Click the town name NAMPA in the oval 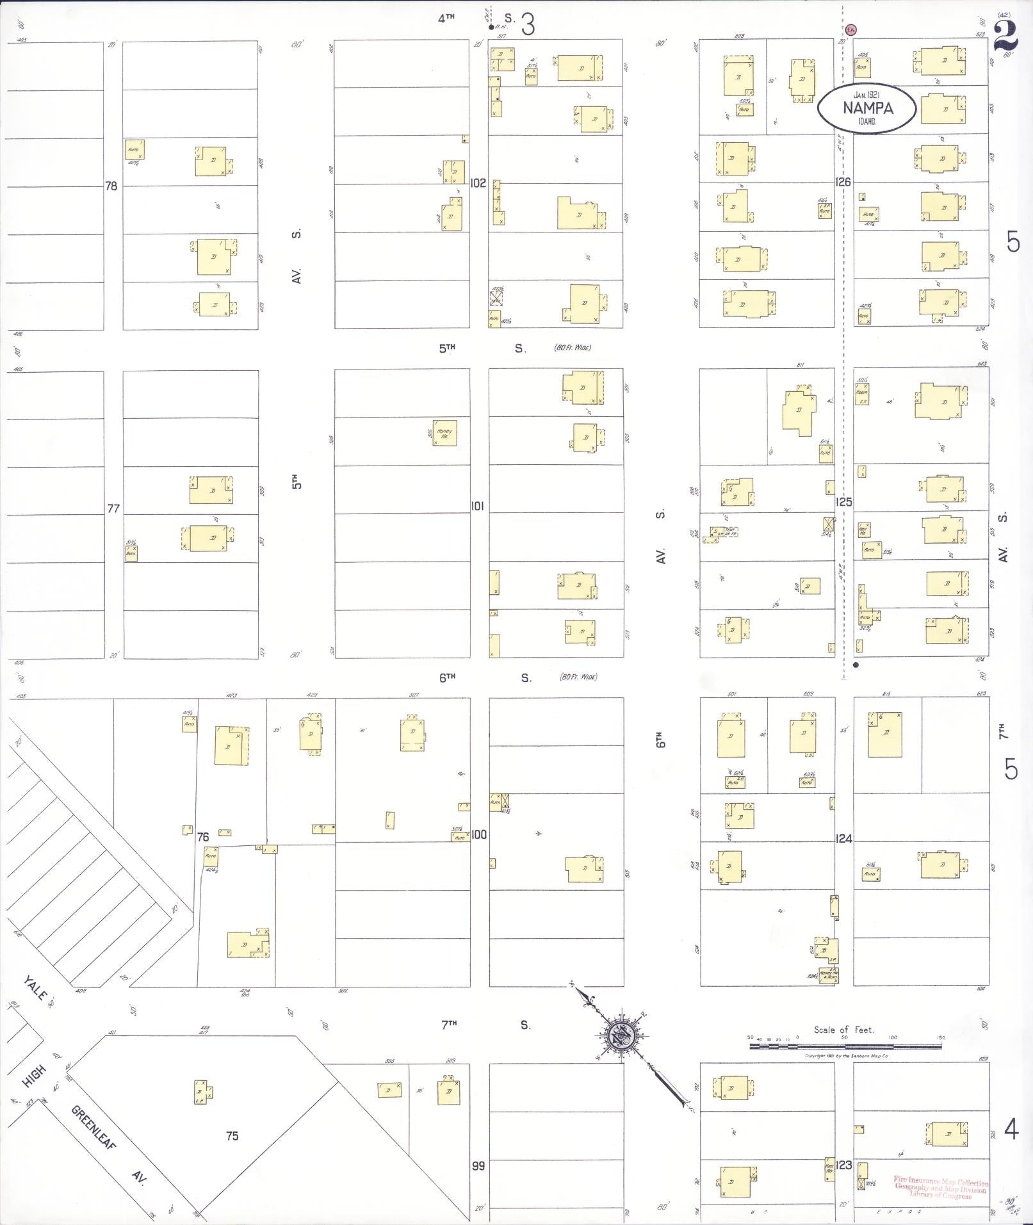click(868, 108)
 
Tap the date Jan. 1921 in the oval click(867, 95)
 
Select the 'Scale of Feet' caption click(843, 1030)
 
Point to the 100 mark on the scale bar click(893, 1037)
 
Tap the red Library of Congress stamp click(940, 1188)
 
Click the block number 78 click(111, 186)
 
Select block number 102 click(478, 183)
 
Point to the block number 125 click(844, 502)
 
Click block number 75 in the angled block click(232, 1135)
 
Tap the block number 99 click(478, 1165)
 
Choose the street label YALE click(35, 988)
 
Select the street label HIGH click(33, 1075)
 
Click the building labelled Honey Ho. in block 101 click(444, 433)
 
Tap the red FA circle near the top click(850, 29)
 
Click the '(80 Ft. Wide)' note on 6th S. click(578, 677)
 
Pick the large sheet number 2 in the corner click(1005, 36)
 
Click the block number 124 click(844, 839)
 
